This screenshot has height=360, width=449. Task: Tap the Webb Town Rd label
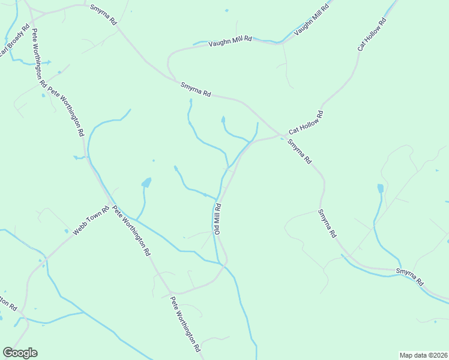coord(91,221)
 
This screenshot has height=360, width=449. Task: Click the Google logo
coord(20,353)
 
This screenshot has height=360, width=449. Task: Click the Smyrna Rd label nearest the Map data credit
coord(410,277)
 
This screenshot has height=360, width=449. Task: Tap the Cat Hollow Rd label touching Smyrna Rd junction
coord(306,123)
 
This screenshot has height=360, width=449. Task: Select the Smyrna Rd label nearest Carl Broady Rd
coord(103,14)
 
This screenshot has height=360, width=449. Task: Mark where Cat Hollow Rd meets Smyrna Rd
coord(281,134)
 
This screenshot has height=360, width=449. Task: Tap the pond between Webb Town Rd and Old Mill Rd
coord(146,182)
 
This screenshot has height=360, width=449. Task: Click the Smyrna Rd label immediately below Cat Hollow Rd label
coord(300,152)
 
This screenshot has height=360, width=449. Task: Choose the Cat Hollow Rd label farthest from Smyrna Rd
coord(372,34)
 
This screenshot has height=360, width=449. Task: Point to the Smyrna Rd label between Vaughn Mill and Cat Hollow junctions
coord(196,90)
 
